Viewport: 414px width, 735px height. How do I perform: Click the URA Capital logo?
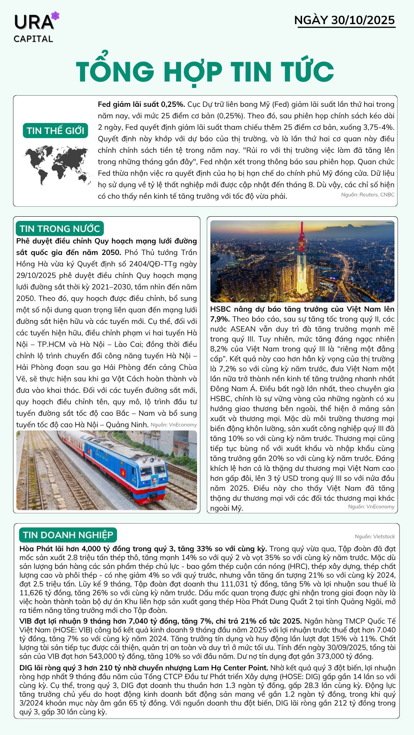click(34, 28)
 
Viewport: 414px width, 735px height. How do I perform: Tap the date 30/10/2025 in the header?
click(363, 20)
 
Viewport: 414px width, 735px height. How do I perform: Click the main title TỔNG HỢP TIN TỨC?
click(205, 72)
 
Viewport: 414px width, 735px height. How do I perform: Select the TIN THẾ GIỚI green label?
click(56, 131)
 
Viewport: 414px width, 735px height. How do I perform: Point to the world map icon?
click(57, 165)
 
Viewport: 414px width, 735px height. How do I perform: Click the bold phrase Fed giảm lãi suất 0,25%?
click(141, 105)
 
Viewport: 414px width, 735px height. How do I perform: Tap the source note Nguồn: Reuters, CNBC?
click(368, 195)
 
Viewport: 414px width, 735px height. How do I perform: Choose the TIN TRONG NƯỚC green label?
click(60, 229)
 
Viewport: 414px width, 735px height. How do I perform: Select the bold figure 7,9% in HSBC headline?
click(220, 319)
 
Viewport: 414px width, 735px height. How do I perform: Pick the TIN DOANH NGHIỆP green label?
click(68, 535)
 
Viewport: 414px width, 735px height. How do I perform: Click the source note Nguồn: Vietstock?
click(375, 537)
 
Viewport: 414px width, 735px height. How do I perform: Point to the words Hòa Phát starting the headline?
click(36, 549)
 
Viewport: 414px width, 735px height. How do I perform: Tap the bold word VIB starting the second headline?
click(26, 621)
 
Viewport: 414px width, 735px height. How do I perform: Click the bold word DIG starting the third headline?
click(26, 668)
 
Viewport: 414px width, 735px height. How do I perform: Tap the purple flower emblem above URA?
click(56, 16)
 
